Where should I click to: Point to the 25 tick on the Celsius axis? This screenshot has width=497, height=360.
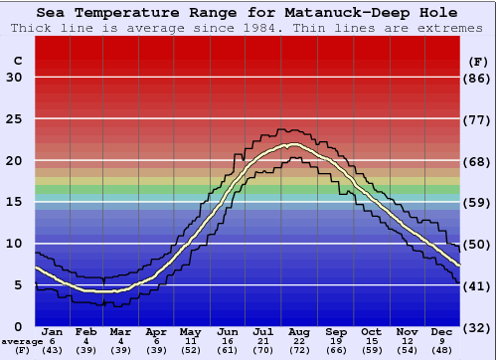coord(14,118)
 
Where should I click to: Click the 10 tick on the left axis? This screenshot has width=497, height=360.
coord(14,244)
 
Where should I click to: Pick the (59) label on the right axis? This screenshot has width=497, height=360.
coord(479,203)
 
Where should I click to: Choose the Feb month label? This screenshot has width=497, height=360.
coord(86,331)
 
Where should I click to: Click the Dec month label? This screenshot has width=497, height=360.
coord(442,331)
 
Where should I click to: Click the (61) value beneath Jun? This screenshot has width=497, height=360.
coord(229,350)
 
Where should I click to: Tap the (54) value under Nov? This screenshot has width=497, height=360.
coord(407,350)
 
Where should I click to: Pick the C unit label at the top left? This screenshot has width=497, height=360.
coord(17,61)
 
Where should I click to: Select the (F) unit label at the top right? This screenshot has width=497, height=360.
coord(479,61)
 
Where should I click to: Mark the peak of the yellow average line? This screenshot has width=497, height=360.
coord(292,144)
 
